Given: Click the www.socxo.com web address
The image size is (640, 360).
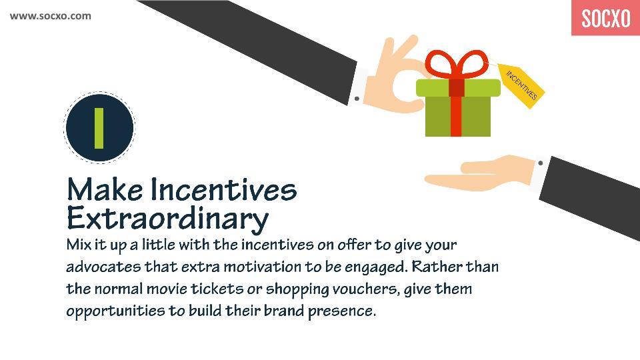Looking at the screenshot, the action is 51,16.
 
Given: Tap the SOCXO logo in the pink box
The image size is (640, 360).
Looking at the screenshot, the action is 606,19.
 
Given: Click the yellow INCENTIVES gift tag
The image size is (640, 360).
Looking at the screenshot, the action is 521,86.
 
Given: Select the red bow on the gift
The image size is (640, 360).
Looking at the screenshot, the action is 457,65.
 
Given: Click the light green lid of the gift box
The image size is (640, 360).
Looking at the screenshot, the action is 458,88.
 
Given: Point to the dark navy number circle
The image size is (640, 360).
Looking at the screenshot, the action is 99,128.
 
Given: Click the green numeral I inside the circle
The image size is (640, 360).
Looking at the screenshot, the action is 99,128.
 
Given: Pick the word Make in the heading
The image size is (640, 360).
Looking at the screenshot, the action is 105,190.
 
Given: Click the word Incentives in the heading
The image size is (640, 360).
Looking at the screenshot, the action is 224,190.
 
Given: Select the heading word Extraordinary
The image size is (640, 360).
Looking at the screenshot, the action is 167,219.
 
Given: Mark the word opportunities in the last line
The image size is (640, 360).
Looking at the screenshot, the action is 115,311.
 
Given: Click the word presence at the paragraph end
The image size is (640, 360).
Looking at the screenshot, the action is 341,311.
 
